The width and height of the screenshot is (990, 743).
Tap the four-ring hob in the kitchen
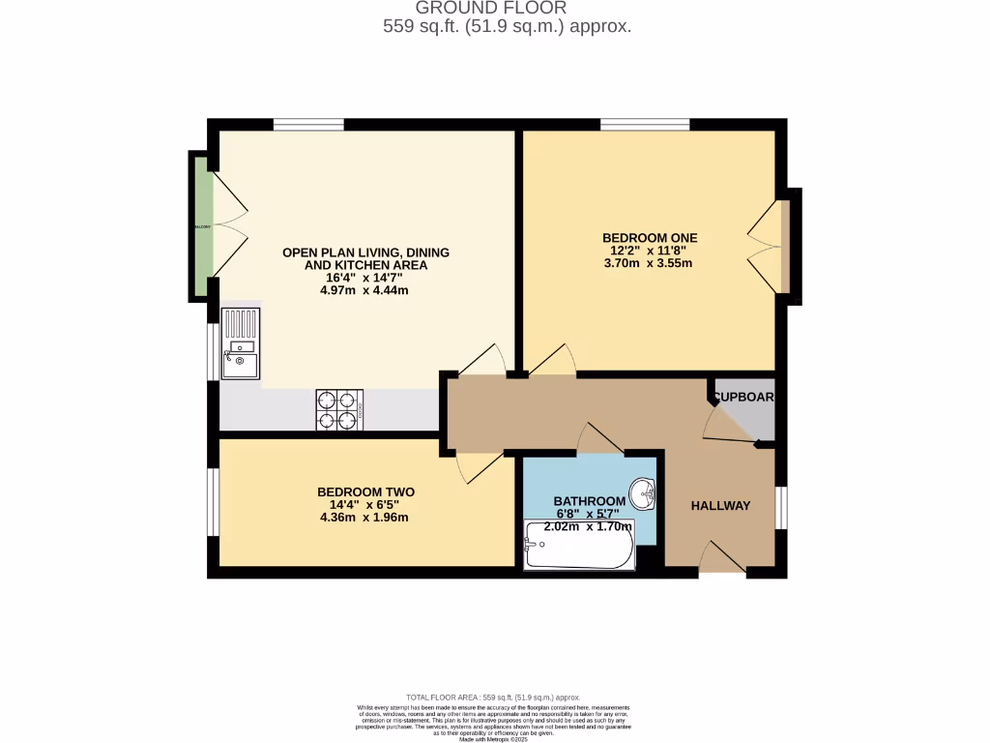click(x=339, y=409)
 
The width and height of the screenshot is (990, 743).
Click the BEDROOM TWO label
click(x=364, y=491)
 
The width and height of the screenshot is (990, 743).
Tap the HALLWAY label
click(x=720, y=506)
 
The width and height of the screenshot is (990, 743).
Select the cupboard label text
click(x=744, y=397)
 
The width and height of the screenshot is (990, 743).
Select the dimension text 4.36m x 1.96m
click(x=364, y=517)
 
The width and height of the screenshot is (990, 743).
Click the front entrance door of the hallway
click(x=720, y=559)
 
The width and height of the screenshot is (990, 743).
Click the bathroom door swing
click(x=599, y=439)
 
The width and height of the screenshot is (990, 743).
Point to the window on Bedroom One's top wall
click(x=645, y=124)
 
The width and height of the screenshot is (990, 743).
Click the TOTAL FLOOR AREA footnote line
click(x=494, y=697)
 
